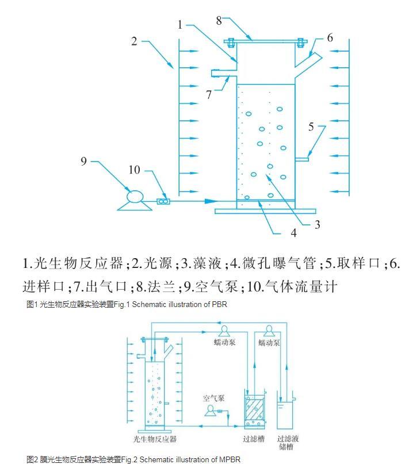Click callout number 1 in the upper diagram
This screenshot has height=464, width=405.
pos(180,24)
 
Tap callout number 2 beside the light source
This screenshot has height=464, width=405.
pos(134,41)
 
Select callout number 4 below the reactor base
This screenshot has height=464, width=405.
pos(293,233)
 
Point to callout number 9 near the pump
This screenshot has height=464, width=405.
pos(85,162)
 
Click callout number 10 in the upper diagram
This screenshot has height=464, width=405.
pos(134,170)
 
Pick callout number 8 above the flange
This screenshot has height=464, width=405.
pos(219,20)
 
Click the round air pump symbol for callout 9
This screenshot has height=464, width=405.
pos(133,197)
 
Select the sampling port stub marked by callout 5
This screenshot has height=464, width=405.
pos(303,159)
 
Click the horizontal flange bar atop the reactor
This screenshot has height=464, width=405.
pos(265,40)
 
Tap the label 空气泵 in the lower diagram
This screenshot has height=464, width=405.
pos(213,397)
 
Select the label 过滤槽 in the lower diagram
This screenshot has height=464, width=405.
pos(254,439)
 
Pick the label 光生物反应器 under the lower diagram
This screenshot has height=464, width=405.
pos(155,439)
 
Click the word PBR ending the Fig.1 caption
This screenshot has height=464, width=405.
pos(220,305)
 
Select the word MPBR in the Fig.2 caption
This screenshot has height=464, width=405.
pos(229,459)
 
